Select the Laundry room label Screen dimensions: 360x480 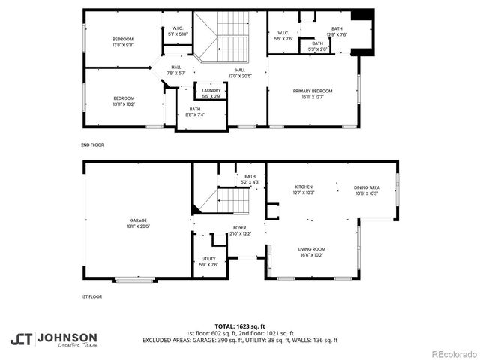coord(211,91)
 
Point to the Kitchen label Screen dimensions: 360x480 coord(304,187)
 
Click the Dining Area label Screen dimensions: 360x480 coord(367,187)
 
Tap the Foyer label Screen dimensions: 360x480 coord(240,227)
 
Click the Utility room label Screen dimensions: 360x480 coord(208,258)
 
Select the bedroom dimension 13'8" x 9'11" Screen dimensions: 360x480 coord(123,44)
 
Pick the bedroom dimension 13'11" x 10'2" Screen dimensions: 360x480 coord(124,103)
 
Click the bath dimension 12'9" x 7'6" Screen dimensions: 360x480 coord(337,34)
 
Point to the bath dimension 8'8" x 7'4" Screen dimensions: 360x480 coord(194,115)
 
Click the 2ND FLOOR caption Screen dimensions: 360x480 coord(92,145)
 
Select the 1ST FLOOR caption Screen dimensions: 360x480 coord(91,297)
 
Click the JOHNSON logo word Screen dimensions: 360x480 coord(67,337)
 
